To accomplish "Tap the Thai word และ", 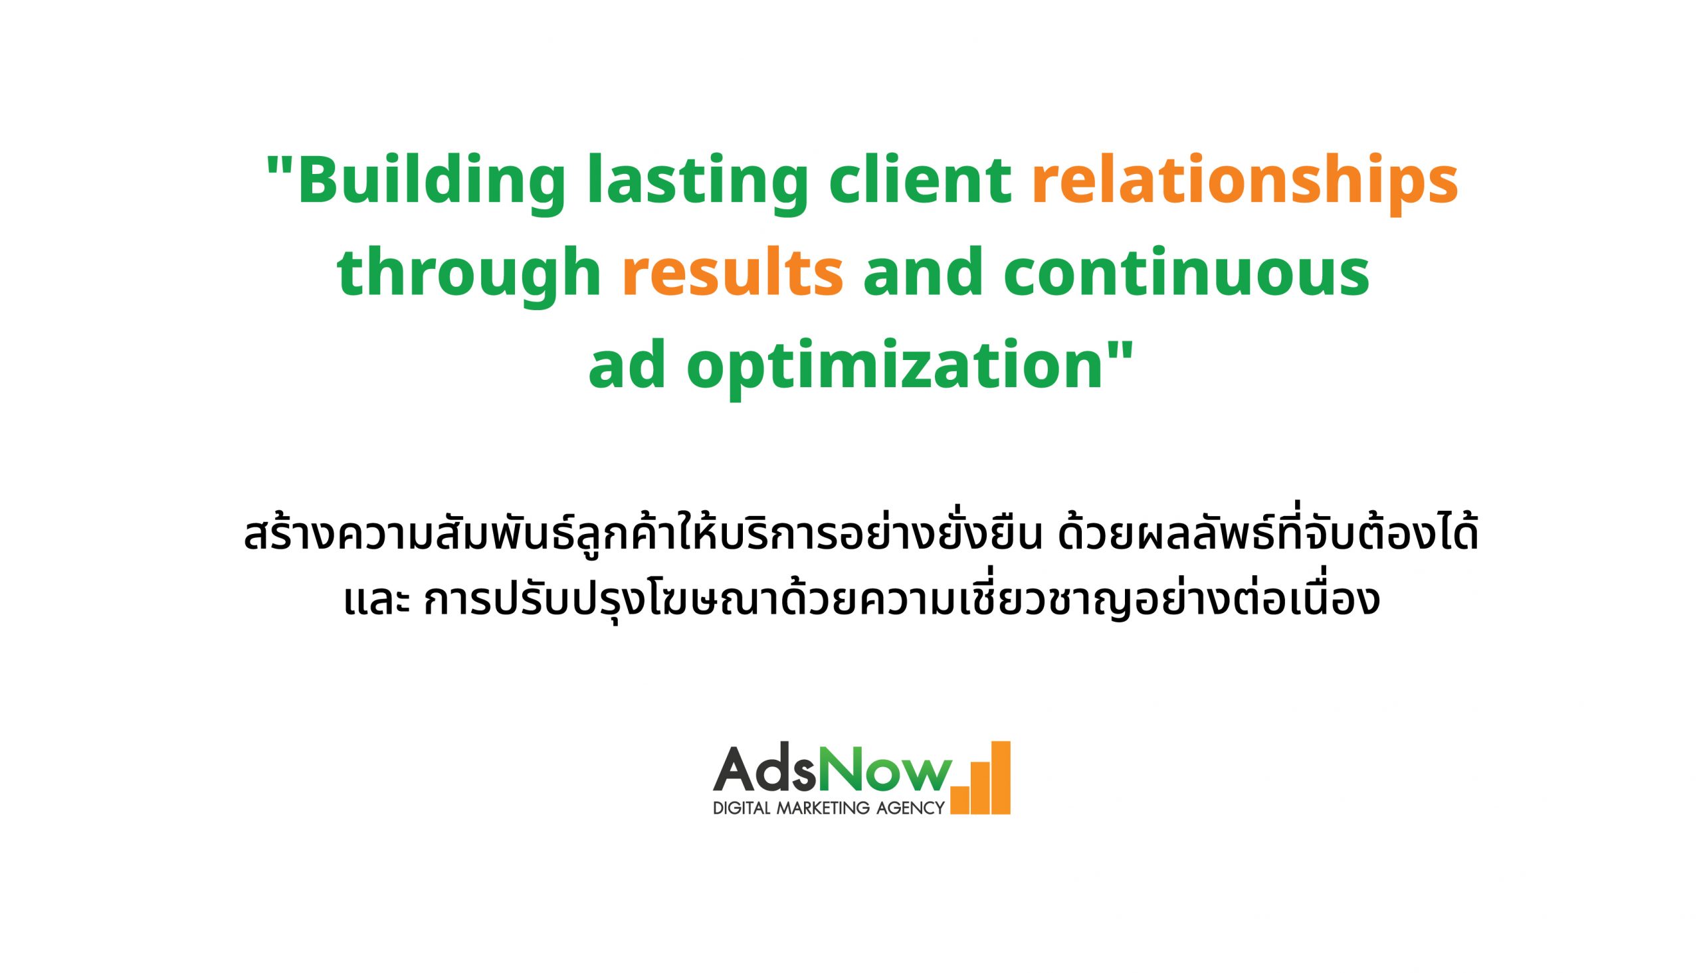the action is pyautogui.click(x=376, y=602).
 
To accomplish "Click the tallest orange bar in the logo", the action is pyautogui.click(x=1001, y=778).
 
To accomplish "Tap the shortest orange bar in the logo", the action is pyautogui.click(x=959, y=800).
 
